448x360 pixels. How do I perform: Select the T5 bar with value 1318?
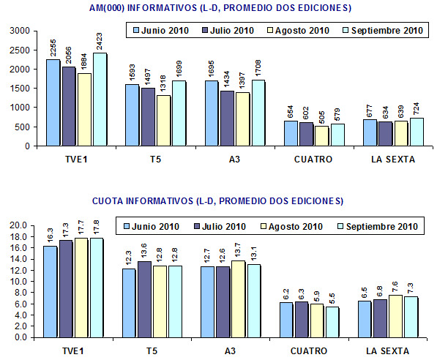pos(163,121)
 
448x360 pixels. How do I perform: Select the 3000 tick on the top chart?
pos(20,31)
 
